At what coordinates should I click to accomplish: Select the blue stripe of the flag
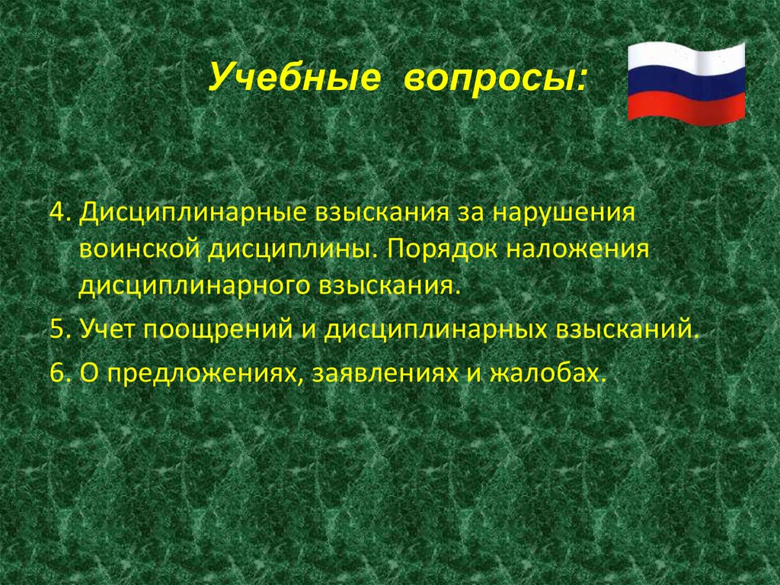(x=686, y=85)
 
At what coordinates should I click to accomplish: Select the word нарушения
(x=562, y=211)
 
